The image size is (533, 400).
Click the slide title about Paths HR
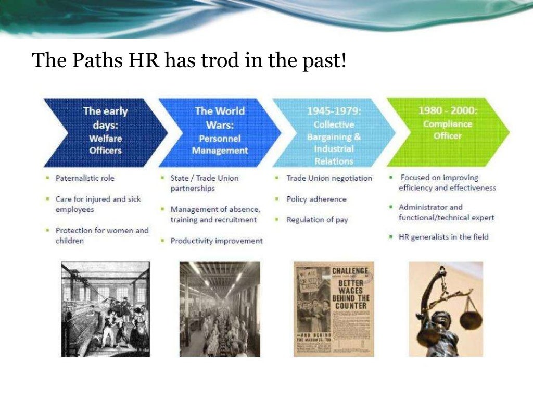188,61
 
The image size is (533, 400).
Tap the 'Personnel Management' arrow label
220,145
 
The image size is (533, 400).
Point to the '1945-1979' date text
334,111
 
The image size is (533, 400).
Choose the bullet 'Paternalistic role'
85,178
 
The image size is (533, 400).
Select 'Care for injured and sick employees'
98,204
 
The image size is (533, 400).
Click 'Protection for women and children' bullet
101,235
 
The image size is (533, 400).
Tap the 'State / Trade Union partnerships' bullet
204,183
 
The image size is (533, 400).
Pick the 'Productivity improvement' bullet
216,241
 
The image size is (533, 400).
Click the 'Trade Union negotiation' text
329,178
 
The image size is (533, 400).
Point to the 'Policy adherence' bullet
316,199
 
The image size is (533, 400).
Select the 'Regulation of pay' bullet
317,220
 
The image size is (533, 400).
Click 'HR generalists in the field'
443,237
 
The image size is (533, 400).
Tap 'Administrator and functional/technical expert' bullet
446,212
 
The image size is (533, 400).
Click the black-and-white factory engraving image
106,309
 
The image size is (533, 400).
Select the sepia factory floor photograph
220,309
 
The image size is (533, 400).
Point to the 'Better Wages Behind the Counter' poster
334,309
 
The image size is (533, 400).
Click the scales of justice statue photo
446,309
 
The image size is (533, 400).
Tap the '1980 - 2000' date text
447,111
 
